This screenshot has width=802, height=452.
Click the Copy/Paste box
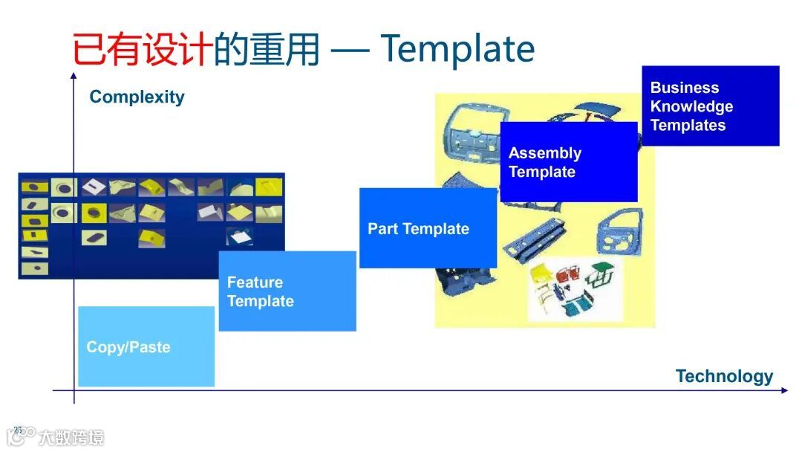point(146,346)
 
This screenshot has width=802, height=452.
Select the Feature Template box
point(287,291)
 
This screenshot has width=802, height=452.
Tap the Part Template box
point(427,228)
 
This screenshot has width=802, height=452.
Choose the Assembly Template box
point(568,162)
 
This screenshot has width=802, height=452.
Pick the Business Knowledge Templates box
point(710,106)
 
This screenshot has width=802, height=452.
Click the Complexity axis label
point(137,97)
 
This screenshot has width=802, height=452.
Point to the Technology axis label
point(724,376)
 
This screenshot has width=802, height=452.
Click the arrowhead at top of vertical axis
point(74,75)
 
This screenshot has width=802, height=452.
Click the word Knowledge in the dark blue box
point(691,106)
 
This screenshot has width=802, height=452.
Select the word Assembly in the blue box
point(544,153)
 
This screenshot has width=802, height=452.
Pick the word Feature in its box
point(255,282)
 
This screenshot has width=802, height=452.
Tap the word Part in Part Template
point(383,228)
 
